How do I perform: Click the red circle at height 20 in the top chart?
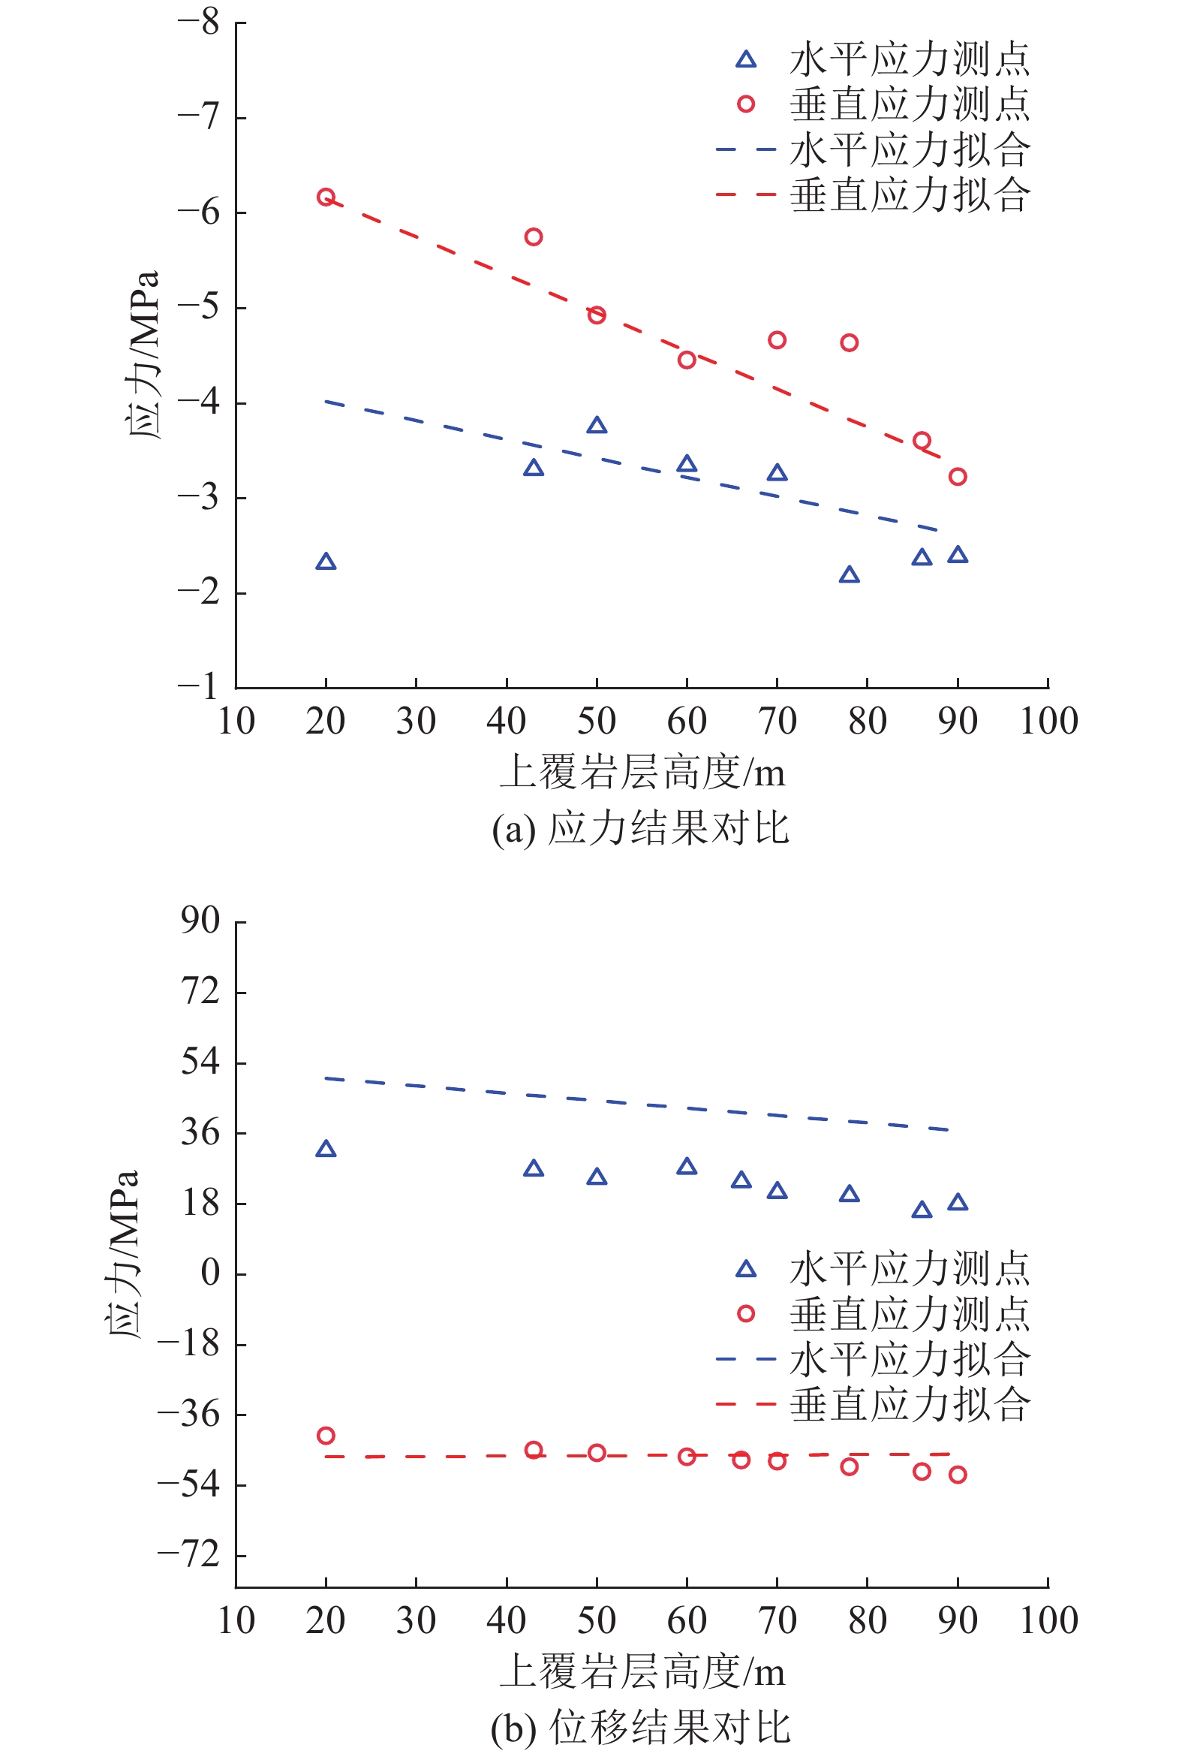[x=326, y=197]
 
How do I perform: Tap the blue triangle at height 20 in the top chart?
[x=326, y=562]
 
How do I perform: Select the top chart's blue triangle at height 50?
[x=597, y=426]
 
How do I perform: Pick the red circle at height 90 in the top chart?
[x=958, y=477]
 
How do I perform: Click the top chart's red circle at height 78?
[x=849, y=343]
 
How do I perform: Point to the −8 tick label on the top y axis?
[x=198, y=23]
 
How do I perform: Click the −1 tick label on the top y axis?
[x=198, y=686]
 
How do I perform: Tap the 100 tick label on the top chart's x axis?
[x=1048, y=722]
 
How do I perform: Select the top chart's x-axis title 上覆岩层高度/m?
[x=642, y=773]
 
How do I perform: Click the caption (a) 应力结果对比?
[x=640, y=829]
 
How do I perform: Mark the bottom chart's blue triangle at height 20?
[x=326, y=1150]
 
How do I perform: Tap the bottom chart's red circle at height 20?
[x=326, y=1436]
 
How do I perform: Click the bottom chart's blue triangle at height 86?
[x=921, y=1210]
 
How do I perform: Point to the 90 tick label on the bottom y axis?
[x=200, y=921]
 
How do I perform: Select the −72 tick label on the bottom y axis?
[x=188, y=1555]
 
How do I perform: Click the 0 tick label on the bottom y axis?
[x=210, y=1273]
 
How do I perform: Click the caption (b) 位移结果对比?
[x=640, y=1728]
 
